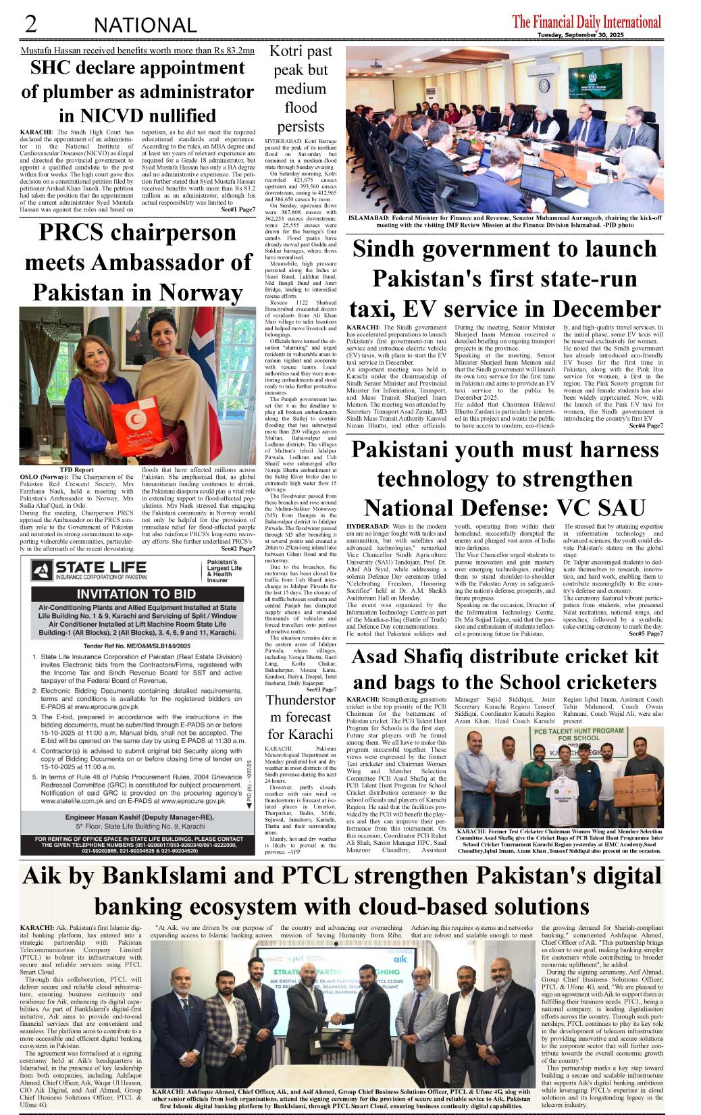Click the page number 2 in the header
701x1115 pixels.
[x=31, y=24]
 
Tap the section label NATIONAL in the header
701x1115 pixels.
[x=145, y=26]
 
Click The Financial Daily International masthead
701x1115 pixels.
[x=586, y=22]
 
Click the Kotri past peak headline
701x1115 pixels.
[x=301, y=88]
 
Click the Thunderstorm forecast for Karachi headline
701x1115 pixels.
[x=301, y=717]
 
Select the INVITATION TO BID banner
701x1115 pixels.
[x=136, y=594]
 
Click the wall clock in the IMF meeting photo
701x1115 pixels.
[x=544, y=85]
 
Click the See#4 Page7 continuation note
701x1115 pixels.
[x=646, y=425]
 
